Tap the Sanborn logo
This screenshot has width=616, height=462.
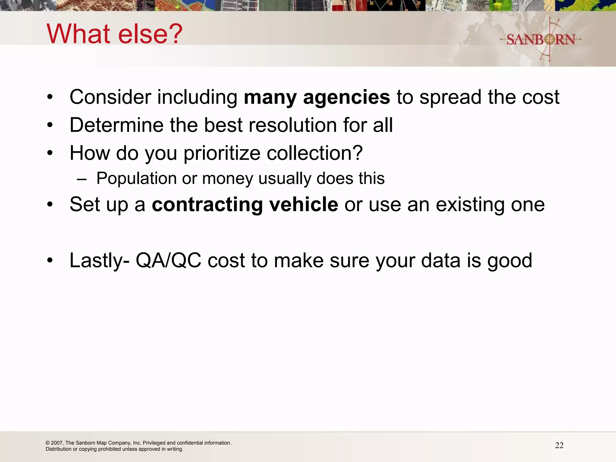[541, 39]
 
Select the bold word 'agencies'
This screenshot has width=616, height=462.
[346, 97]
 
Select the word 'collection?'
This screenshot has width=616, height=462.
[315, 153]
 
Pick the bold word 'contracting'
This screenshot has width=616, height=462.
[207, 205]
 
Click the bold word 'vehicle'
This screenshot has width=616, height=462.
[303, 205]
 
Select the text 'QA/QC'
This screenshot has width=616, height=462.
[168, 260]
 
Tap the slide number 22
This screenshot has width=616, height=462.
[559, 445]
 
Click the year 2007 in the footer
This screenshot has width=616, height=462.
[57, 443]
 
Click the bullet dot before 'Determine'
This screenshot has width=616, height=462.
[50, 125]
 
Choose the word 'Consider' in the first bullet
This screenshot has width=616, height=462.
[110, 97]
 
